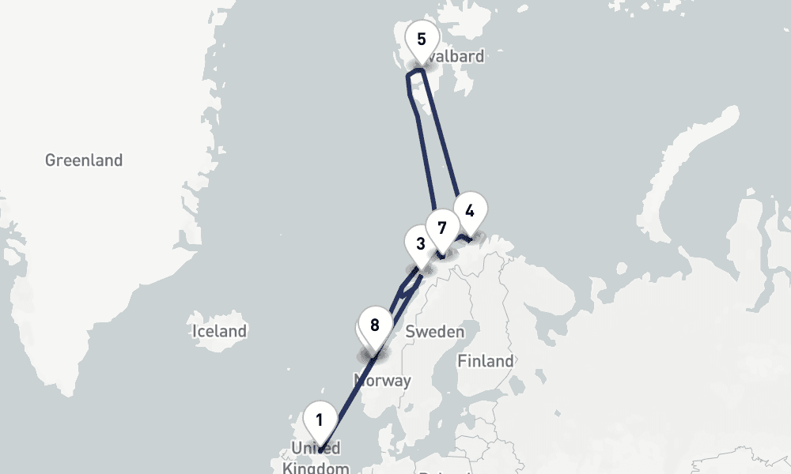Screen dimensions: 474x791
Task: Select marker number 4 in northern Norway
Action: click(x=470, y=211)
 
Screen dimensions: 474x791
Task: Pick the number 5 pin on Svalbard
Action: click(x=421, y=39)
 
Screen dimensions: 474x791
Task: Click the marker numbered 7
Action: click(x=441, y=228)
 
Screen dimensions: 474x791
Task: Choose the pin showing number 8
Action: click(x=375, y=325)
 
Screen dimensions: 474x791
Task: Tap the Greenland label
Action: click(x=84, y=160)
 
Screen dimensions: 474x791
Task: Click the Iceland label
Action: click(x=219, y=331)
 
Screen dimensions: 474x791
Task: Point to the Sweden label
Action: click(x=434, y=332)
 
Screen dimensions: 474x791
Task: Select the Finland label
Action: click(x=485, y=361)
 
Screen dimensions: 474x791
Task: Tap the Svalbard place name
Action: click(x=455, y=56)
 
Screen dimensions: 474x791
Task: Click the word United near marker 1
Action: click(x=316, y=449)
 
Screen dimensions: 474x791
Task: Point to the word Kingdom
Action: click(x=316, y=468)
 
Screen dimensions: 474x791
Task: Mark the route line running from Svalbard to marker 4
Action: click(x=445, y=142)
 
